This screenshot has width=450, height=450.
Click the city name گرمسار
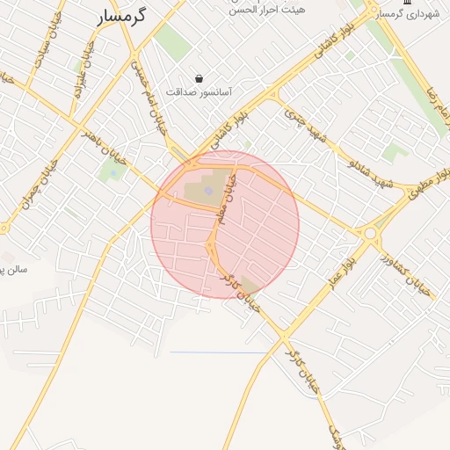(x=121, y=15)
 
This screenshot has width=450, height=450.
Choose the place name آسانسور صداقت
(x=200, y=91)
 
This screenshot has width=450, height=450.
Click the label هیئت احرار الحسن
(x=267, y=10)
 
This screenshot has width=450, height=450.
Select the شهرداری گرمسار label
(x=404, y=15)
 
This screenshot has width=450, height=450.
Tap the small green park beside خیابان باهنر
(x=112, y=171)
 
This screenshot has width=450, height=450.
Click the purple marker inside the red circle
(x=208, y=188)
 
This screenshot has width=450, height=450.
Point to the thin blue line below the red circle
(x=220, y=352)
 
